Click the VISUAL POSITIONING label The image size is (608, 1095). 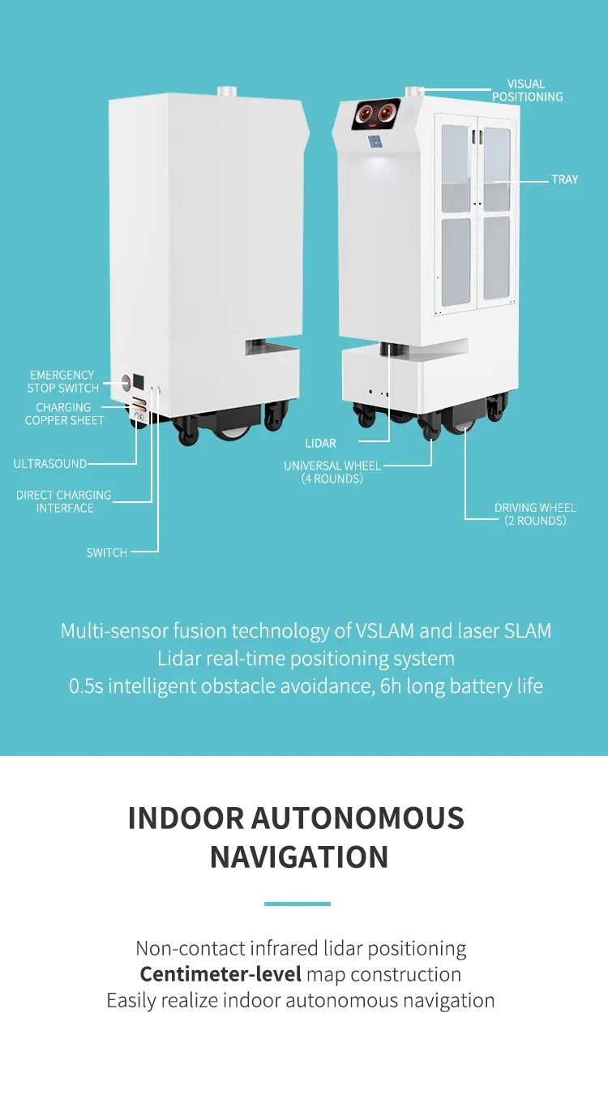[527, 90]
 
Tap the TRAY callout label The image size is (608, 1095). [564, 179]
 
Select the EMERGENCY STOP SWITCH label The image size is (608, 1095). [62, 381]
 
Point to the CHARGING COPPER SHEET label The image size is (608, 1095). [64, 414]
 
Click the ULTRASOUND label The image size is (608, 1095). [49, 464]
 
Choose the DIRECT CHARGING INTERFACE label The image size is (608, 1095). [64, 501]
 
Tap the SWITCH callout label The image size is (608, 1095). [107, 552]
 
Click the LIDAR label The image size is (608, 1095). [320, 444]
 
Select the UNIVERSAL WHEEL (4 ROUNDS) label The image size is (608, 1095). [332, 472]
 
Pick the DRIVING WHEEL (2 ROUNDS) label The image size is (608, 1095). [535, 514]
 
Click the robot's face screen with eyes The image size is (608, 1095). [375, 115]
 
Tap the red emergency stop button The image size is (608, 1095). [126, 382]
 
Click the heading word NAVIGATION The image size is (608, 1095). [299, 857]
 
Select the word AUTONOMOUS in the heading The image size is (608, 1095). [358, 818]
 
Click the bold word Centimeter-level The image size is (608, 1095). [221, 974]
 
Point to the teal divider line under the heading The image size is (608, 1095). [298, 904]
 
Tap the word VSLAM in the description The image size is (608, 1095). [384, 631]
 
